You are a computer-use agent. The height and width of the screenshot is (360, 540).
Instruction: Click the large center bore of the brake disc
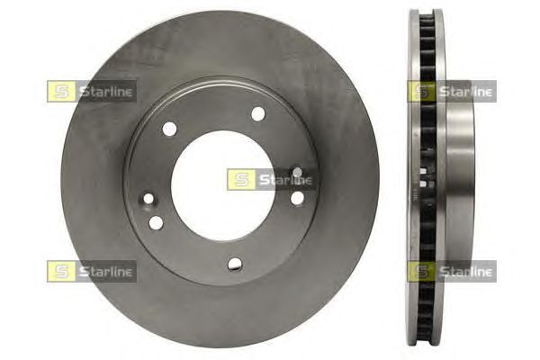click(220, 186)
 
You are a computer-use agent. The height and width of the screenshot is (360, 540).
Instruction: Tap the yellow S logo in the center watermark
click(241, 179)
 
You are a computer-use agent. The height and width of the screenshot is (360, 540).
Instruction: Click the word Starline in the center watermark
click(286, 179)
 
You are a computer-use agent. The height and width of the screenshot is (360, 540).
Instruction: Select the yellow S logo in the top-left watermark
click(61, 91)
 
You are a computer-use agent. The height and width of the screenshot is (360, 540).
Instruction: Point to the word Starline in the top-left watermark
click(105, 91)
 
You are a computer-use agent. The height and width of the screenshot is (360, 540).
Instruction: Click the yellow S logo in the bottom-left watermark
click(61, 272)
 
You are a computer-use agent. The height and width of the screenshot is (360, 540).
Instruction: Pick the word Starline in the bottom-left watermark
click(105, 272)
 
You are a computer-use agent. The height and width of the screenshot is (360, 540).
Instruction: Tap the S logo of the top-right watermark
click(421, 91)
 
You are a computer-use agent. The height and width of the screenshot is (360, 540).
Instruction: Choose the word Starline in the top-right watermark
click(466, 91)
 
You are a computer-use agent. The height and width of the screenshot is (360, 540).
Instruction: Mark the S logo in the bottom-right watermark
click(421, 272)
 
